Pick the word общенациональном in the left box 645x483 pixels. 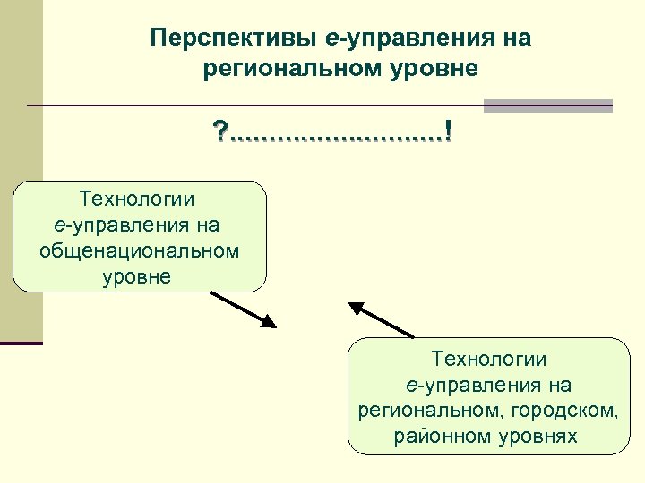pos(140,250)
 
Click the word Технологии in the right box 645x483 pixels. pos(488,359)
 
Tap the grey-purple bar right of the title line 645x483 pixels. pos(547,106)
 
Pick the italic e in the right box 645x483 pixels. pos(410,385)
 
